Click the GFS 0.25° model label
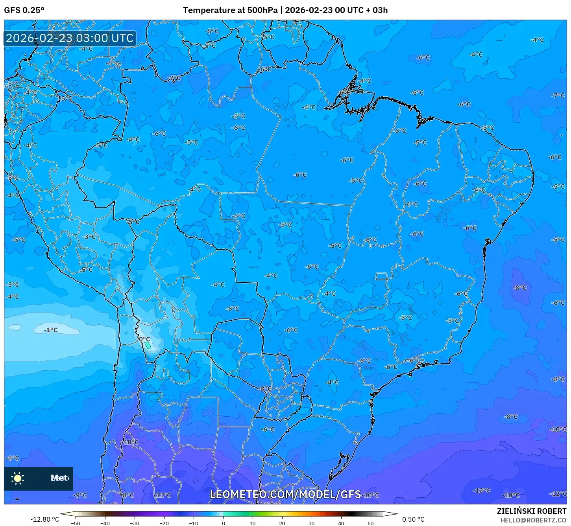point(24,10)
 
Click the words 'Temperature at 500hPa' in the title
point(230,10)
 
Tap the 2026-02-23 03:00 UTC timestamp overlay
point(70,38)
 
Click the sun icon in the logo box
point(18,478)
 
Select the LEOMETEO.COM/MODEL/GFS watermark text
point(285,494)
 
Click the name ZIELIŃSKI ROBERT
point(531,511)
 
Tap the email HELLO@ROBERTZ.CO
point(533,520)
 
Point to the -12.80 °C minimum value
point(44,519)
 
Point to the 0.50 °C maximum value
point(413,519)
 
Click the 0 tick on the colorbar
point(223,523)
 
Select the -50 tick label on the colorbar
point(75,523)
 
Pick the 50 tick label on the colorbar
point(371,523)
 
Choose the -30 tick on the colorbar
point(135,523)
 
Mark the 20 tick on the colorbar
point(282,523)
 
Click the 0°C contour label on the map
point(144,339)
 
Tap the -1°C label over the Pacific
point(51,330)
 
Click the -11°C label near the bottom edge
point(163,495)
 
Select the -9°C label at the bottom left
point(80,495)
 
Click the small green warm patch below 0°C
point(148,345)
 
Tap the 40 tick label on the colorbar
point(341,523)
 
